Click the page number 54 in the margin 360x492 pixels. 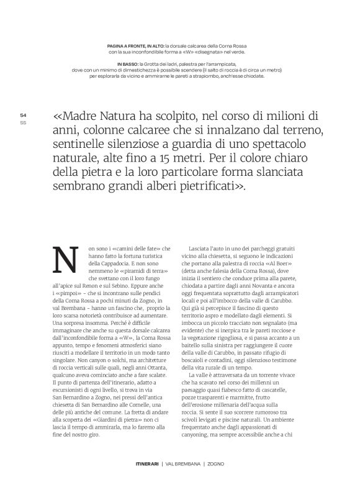click(x=23, y=116)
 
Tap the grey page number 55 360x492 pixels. click(x=23, y=122)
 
